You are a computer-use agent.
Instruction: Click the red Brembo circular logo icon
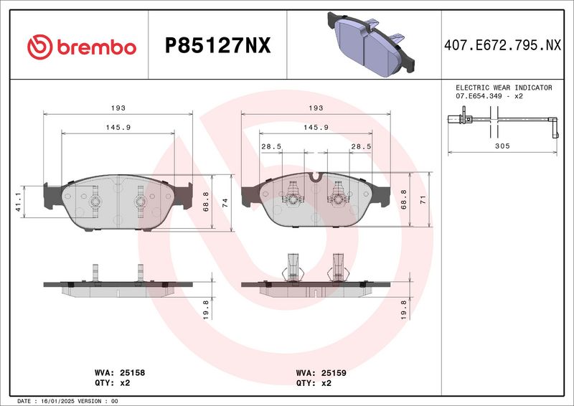point(40,47)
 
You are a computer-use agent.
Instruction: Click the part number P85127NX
point(218,46)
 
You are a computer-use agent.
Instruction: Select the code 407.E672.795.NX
point(502,45)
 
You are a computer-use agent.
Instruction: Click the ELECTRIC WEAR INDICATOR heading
point(504,88)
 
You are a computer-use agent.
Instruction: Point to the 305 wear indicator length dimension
point(502,146)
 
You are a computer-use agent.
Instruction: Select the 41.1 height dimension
point(19,202)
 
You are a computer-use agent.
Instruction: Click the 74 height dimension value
point(225,203)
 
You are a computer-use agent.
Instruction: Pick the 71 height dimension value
point(423,199)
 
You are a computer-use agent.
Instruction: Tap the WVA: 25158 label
point(120,373)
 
